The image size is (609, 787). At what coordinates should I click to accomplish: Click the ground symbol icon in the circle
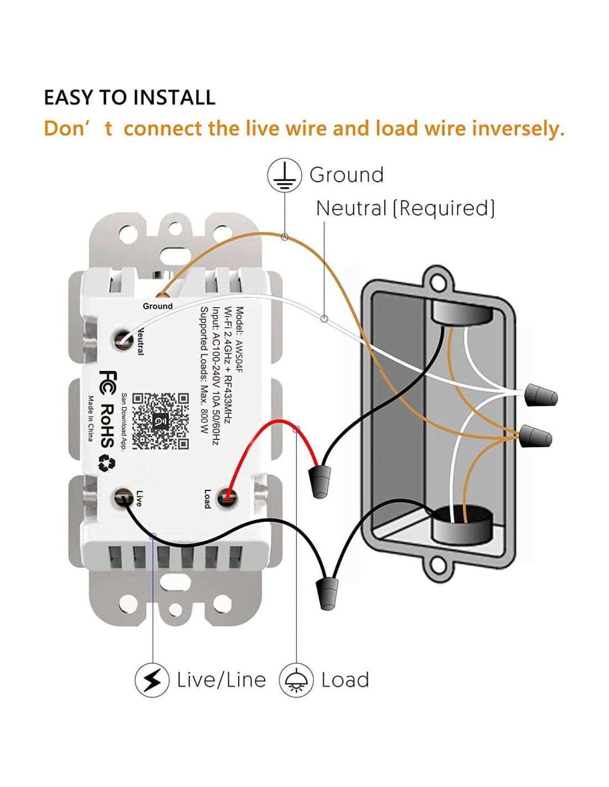tap(285, 175)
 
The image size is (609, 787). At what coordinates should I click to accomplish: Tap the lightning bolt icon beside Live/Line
tap(152, 680)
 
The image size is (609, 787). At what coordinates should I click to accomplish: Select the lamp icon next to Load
tap(296, 680)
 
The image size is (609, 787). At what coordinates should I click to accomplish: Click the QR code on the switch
tap(161, 421)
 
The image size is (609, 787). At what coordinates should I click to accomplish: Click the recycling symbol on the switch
tap(107, 463)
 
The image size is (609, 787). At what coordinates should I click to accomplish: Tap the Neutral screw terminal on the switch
tap(122, 339)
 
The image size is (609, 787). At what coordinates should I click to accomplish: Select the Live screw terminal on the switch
tap(122, 498)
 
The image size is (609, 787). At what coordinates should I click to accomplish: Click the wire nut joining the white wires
tap(541, 395)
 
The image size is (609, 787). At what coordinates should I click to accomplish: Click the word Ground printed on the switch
tap(158, 306)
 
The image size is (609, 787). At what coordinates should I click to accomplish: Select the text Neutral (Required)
tap(405, 209)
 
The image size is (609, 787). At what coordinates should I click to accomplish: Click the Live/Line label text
tap(221, 680)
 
